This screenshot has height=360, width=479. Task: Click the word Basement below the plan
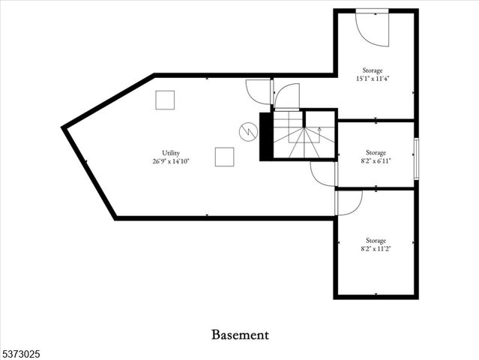click(x=239, y=334)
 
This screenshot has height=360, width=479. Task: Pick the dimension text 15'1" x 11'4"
click(x=373, y=78)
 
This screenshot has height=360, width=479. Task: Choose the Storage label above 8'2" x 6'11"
click(x=376, y=151)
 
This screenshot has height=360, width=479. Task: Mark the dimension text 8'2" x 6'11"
click(x=376, y=160)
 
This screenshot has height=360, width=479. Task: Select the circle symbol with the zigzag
click(x=247, y=132)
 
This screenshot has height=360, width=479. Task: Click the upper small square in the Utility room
click(x=165, y=100)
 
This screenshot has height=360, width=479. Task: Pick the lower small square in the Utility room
click(x=224, y=157)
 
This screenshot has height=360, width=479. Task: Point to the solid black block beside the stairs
click(x=265, y=136)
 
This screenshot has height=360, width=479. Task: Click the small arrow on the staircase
click(x=320, y=130)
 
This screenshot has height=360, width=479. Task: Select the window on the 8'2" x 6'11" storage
click(x=416, y=154)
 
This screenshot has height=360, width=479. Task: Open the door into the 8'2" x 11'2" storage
click(x=349, y=201)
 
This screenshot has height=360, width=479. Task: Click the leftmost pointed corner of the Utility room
click(x=64, y=128)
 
